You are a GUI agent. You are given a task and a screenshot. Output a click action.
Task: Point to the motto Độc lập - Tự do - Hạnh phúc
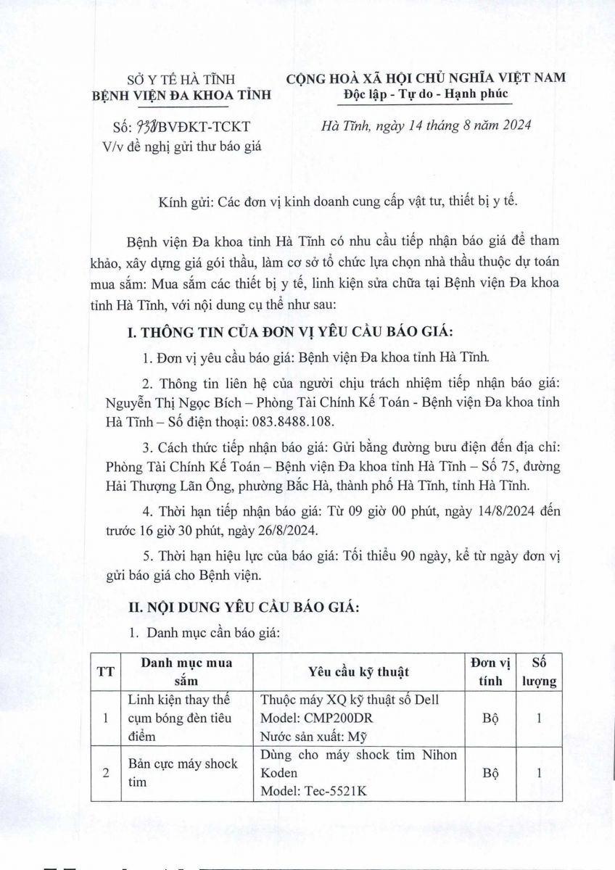[x=426, y=94]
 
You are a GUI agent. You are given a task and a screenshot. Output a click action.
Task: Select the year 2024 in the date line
[x=516, y=125]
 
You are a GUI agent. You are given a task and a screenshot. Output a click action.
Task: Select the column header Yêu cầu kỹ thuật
[x=359, y=671]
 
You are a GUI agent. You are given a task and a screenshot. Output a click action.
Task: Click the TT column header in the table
[x=105, y=671]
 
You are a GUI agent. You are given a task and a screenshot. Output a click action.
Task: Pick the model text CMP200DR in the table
[x=332, y=718]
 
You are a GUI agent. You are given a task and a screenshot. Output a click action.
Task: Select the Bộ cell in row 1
[x=490, y=718]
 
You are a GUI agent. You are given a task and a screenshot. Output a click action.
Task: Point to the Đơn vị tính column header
[x=490, y=671]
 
